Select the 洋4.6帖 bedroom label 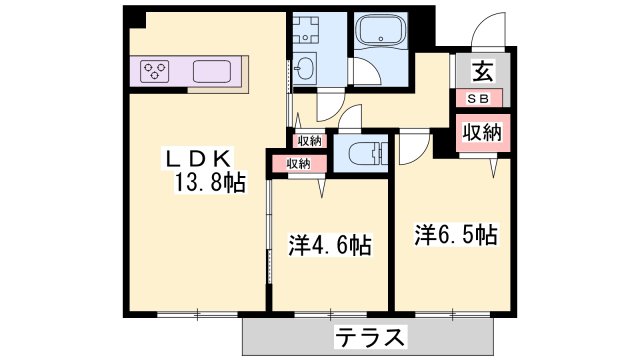[x=330, y=245]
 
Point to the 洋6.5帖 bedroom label [x=456, y=234]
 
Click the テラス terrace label [x=371, y=337]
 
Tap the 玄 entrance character [x=482, y=71]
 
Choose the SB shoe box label [x=478, y=99]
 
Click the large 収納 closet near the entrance [x=482, y=132]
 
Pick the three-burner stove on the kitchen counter [x=154, y=71]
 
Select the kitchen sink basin [x=212, y=71]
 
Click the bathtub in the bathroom [x=380, y=30]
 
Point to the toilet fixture [x=368, y=155]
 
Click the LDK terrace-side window [x=197, y=314]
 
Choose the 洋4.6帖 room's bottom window [x=331, y=314]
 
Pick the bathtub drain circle [x=381, y=39]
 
